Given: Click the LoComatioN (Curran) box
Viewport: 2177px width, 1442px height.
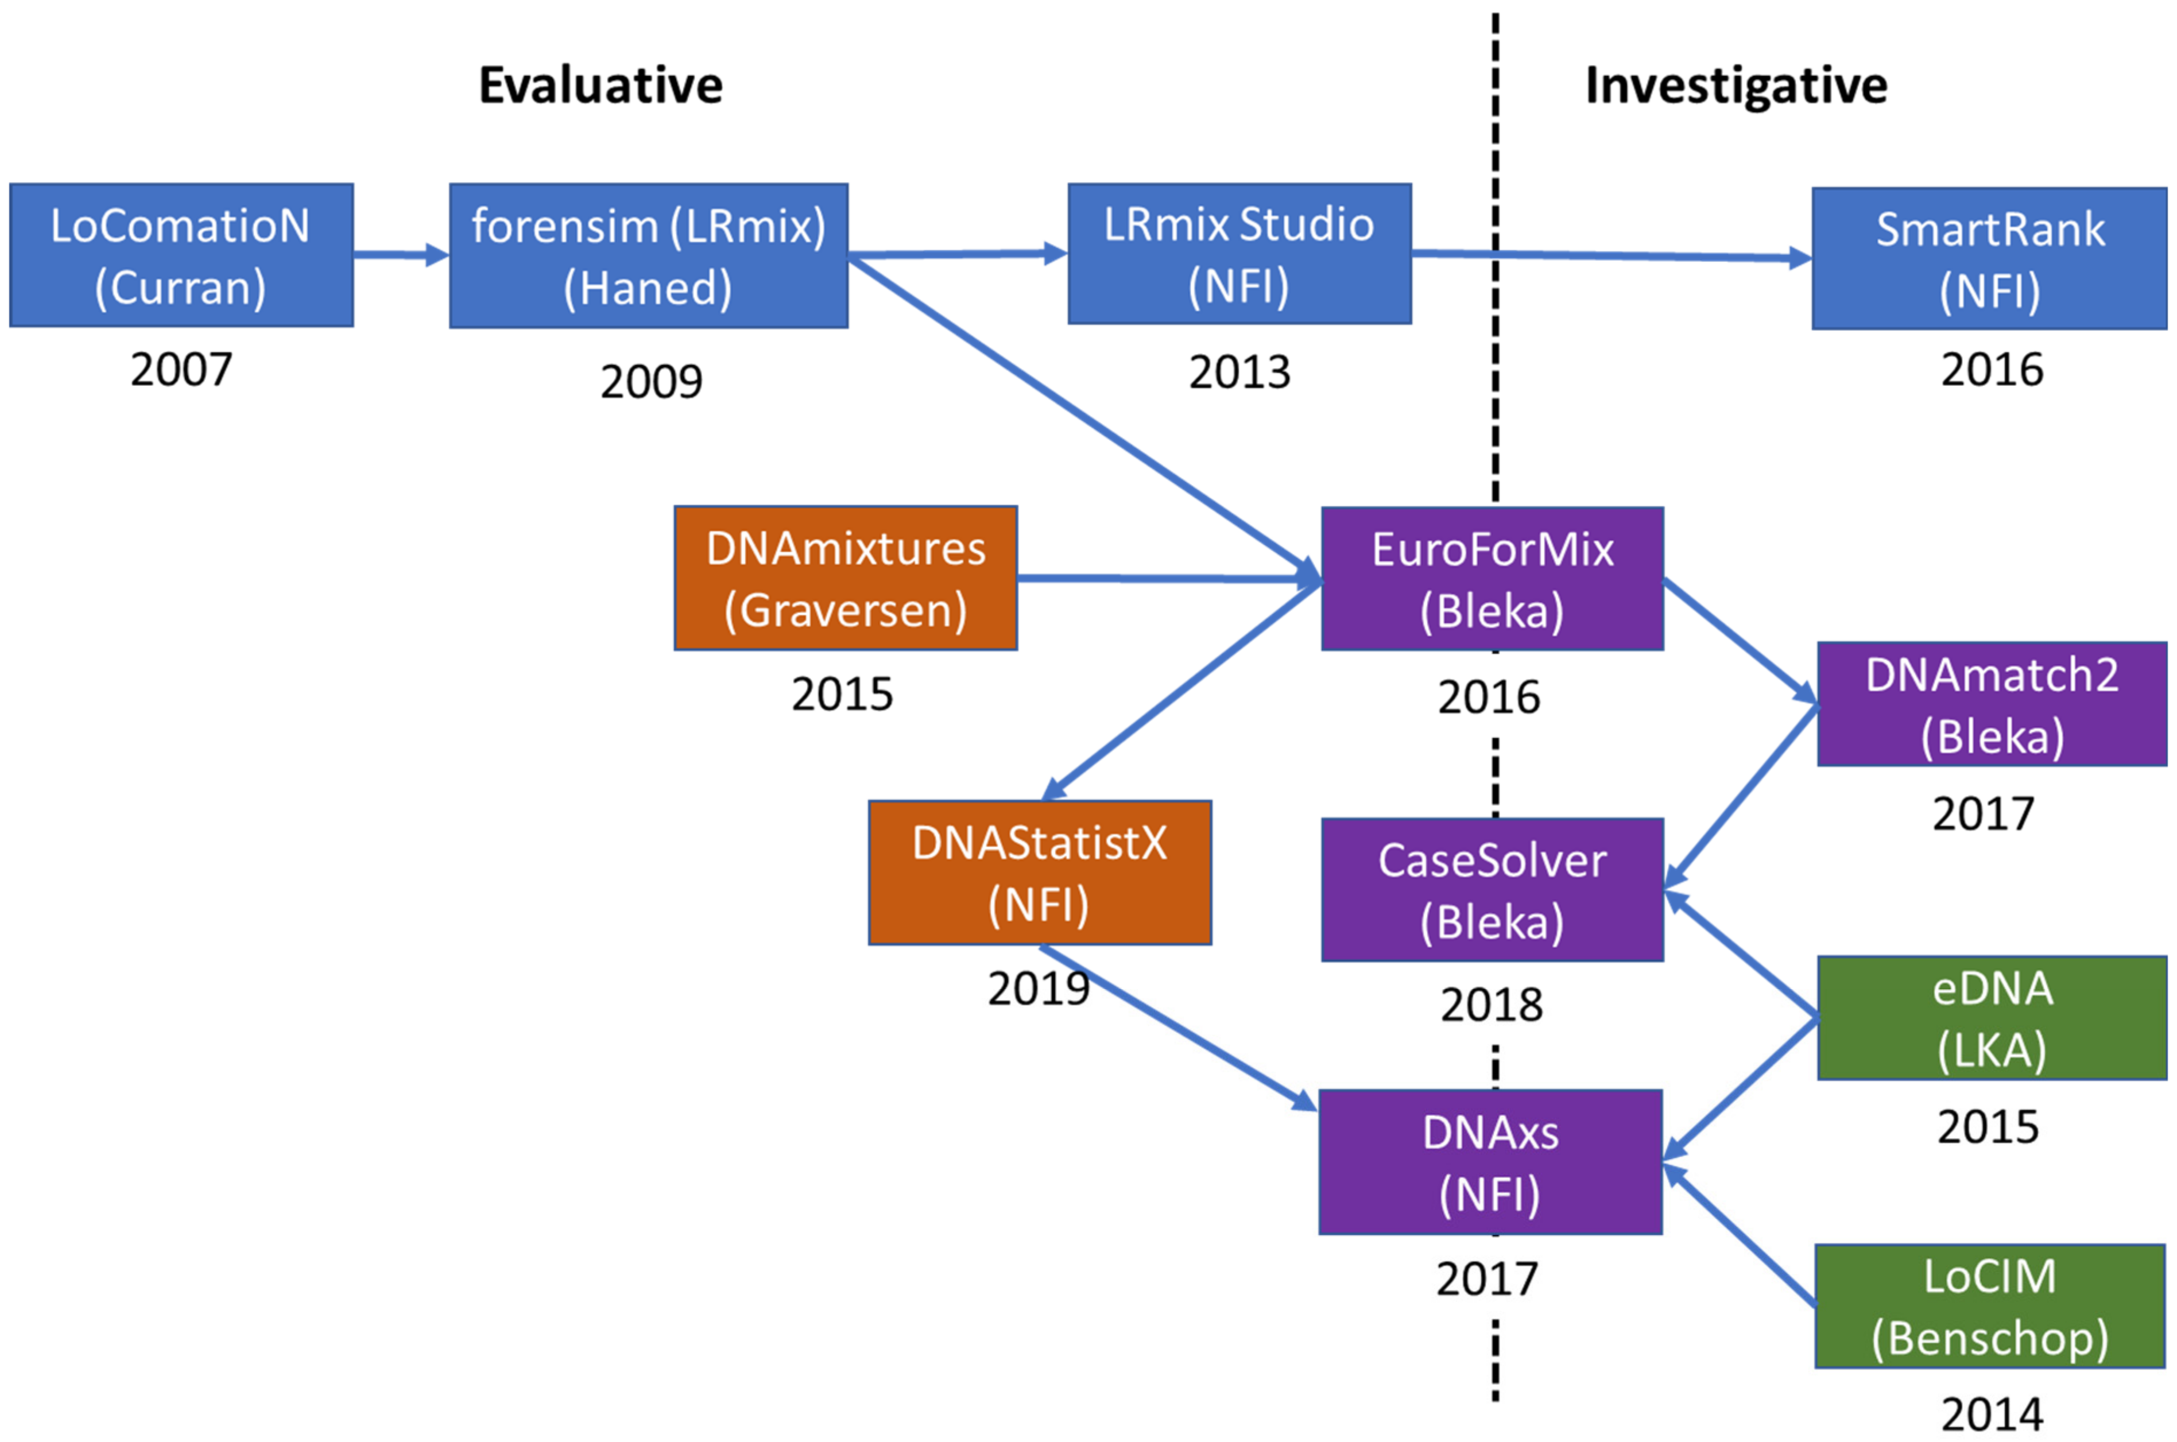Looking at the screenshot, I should pyautogui.click(x=181, y=255).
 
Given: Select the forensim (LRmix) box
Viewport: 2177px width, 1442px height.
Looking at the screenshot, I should pyautogui.click(x=648, y=255).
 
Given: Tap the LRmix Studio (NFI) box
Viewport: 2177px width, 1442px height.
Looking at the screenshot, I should pyautogui.click(x=1239, y=254).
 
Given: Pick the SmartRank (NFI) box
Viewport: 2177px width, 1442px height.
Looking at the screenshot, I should pyautogui.click(x=1989, y=258).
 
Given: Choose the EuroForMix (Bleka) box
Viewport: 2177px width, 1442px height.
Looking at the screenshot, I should pyautogui.click(x=1492, y=579).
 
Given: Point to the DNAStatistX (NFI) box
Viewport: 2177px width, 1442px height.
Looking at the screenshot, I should pyautogui.click(x=1039, y=872).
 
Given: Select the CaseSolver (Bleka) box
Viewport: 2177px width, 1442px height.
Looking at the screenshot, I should pyautogui.click(x=1492, y=889).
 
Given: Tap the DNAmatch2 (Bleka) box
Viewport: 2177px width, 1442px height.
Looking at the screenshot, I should pyautogui.click(x=1991, y=704).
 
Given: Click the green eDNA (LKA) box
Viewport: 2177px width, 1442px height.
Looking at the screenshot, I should pyautogui.click(x=1991, y=1017).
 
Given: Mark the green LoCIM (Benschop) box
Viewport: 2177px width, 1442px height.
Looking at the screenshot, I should pyautogui.click(x=1989, y=1306).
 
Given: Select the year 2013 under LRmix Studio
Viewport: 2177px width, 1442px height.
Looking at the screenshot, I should pyautogui.click(x=1239, y=373).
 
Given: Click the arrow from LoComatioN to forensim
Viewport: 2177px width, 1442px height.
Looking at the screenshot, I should pyautogui.click(x=401, y=255).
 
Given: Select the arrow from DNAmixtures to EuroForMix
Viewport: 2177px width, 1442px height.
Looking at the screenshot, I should pyautogui.click(x=1168, y=579).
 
